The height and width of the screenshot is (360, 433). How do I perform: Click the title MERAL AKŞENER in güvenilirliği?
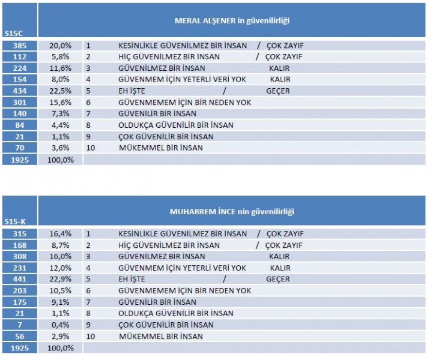232,20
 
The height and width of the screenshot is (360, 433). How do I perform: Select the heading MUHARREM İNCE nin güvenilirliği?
232,211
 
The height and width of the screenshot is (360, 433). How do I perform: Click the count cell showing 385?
19,46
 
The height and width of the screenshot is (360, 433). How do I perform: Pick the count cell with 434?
19,91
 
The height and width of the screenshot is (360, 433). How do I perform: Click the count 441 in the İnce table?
19,279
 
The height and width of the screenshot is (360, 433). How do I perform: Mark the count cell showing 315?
19,233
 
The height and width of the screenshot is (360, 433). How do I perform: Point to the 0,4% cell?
62,325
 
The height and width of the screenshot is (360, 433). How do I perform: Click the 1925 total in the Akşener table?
19,160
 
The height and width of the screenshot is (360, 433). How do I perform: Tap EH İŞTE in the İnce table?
132,279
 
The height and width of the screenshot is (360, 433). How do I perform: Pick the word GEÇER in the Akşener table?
278,91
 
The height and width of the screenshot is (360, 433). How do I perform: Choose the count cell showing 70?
19,148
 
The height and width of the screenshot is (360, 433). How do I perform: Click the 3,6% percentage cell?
62,148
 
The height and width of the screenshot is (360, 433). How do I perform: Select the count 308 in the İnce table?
19,256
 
